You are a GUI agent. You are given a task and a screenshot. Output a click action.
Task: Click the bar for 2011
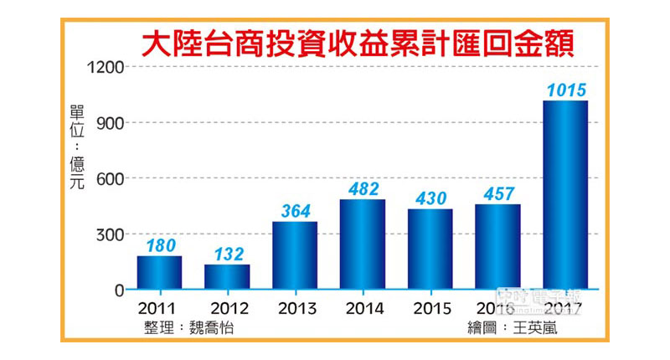159,273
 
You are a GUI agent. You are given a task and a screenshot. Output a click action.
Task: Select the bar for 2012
227,277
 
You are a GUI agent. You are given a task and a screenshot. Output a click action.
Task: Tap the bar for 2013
295,255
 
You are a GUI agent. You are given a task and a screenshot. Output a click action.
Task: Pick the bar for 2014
363,244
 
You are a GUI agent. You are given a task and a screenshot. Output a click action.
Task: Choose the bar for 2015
430,249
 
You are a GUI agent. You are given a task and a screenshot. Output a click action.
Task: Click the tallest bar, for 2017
565,195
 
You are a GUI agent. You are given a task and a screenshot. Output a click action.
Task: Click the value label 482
363,189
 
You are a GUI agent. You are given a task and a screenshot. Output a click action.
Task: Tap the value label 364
295,211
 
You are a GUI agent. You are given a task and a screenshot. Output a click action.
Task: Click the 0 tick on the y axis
119,290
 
